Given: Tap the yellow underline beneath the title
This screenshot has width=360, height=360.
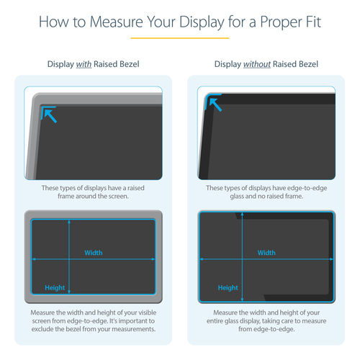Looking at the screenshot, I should click(x=179, y=37).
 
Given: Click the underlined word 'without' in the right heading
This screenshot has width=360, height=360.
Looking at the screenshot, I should click(x=257, y=65).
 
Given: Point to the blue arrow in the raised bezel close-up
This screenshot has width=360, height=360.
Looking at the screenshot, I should click(x=49, y=114).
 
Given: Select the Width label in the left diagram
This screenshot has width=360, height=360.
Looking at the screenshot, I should click(x=94, y=253).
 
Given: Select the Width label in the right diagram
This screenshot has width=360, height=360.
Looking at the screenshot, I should click(x=266, y=253).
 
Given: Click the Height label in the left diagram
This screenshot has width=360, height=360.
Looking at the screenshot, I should click(x=55, y=287).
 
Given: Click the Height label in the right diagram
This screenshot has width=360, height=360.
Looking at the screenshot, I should click(x=228, y=287).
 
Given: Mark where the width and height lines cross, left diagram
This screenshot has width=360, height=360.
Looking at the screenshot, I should click(x=69, y=258).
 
